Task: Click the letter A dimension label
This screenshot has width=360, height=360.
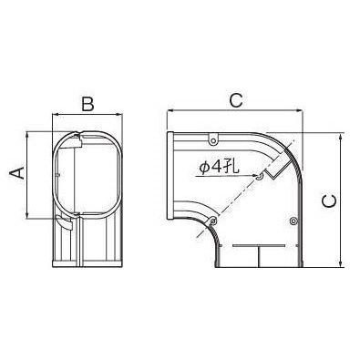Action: [x=17, y=173]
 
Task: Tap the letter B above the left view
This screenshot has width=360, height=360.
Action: [x=87, y=104]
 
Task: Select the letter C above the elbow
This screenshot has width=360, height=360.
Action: [x=236, y=100]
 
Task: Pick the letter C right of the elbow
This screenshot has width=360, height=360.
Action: [x=329, y=201]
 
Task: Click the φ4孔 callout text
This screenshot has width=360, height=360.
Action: [x=219, y=167]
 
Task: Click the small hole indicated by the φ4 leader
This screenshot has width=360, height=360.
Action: [x=259, y=177]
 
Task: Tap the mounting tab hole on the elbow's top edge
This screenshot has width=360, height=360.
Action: [x=213, y=140]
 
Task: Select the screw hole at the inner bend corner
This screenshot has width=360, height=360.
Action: [x=213, y=221]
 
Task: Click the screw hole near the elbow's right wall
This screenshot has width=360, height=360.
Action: [x=293, y=221]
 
